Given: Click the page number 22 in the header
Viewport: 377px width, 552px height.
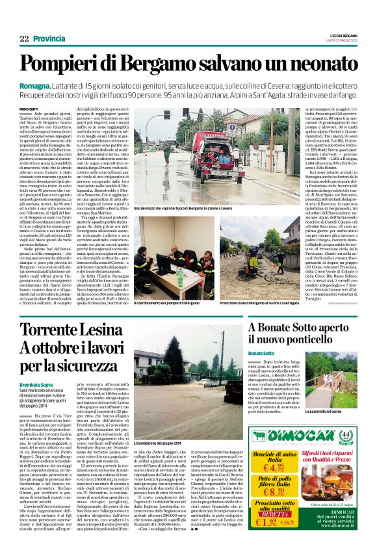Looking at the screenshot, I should click(24, 39).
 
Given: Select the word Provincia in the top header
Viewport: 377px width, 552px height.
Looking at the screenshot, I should click(49, 39).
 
